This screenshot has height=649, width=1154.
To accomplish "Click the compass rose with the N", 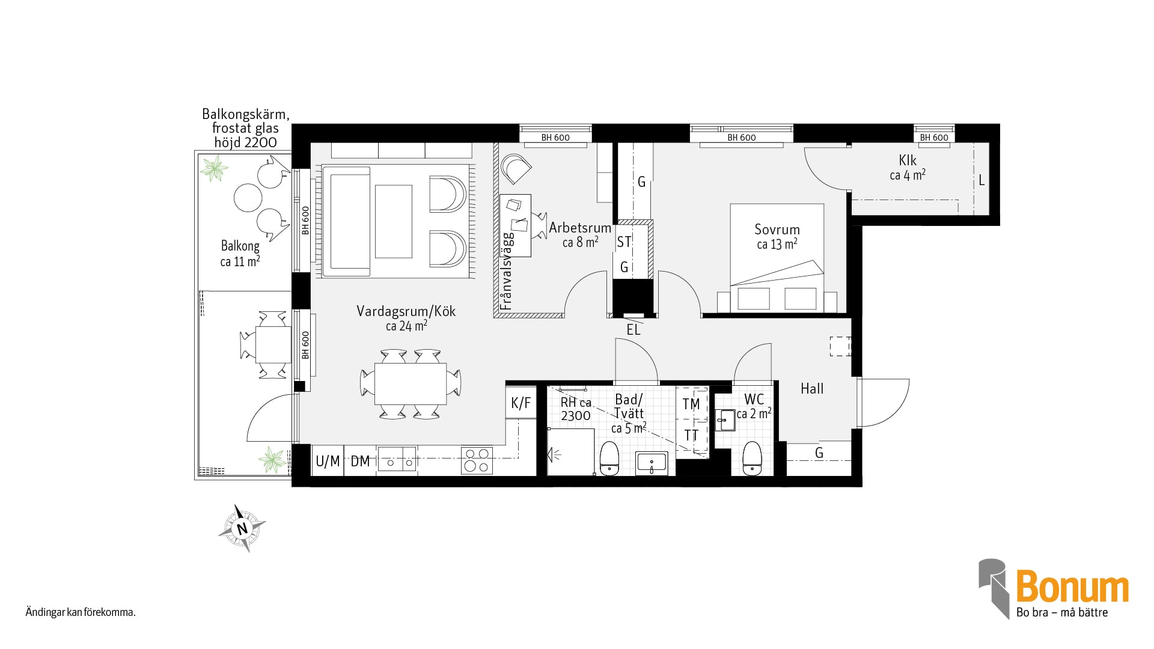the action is pos(242,528).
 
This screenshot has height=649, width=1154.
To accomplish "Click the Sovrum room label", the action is pos(777,230).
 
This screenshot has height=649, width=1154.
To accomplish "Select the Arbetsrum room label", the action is pos(580,228).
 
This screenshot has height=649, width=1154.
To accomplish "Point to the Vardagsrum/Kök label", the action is pos(406,311).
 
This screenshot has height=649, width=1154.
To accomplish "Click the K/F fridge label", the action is pos(521,403).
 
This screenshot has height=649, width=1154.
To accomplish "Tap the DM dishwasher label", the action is pos(360,461).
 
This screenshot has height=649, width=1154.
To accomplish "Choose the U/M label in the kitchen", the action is pos(328,461).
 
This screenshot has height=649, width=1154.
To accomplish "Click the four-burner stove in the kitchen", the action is pos(477,461).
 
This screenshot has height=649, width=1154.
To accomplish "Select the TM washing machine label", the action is pos(691,404).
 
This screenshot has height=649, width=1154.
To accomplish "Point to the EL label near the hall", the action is pos(633,329).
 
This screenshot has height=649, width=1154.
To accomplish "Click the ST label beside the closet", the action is pos(624,242).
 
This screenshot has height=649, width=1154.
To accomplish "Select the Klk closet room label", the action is pos(908,160).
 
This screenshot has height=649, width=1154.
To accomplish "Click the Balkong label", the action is pos(240,246).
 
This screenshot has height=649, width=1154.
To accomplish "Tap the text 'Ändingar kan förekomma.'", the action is pos(81,613).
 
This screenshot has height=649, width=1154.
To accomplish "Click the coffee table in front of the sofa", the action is pos(394,221).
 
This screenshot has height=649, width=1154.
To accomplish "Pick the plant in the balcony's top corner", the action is pos(214,168).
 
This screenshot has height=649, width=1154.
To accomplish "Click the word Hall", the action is pos(812,389).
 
